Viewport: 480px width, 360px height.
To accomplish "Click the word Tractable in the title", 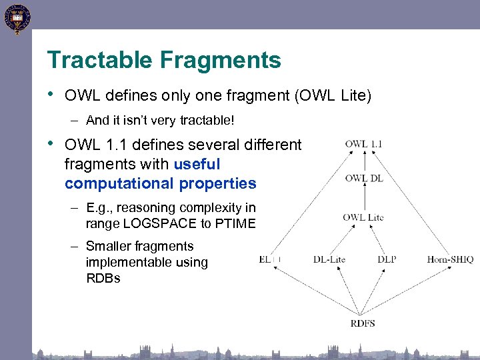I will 99,60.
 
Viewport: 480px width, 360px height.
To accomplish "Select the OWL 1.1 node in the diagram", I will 364,143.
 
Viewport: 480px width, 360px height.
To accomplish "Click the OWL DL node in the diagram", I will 364,178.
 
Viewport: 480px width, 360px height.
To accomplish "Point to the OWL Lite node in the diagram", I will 363,217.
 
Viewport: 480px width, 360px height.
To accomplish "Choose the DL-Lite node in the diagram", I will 329,259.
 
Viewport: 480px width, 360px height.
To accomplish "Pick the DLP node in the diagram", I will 387,259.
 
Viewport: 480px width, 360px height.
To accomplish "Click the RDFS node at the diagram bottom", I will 363,323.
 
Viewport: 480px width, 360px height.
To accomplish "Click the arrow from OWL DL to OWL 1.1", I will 364,161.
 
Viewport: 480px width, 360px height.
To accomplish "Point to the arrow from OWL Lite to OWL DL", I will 364,197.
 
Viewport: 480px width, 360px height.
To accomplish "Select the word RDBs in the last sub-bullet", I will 103,278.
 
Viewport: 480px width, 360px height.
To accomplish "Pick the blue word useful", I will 197,163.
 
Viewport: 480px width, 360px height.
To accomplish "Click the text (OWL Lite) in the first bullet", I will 332,96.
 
